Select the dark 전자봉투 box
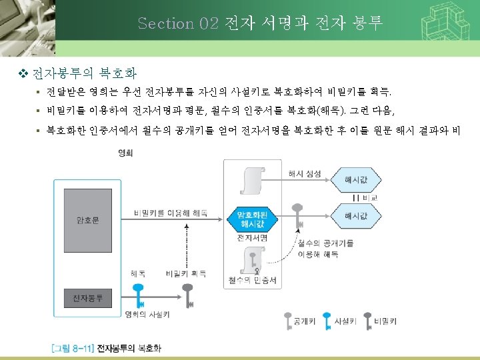pos(87,297)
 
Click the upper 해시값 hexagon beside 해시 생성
pos(355,180)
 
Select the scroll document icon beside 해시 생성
pos(252,179)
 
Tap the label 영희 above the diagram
pos(124,153)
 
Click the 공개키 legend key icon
pos(287,321)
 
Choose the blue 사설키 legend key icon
pos(327,321)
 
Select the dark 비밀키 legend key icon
pos(369,321)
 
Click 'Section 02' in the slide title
pos(178,23)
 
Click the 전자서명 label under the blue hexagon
pos(253,237)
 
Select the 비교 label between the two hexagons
pos(369,198)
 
